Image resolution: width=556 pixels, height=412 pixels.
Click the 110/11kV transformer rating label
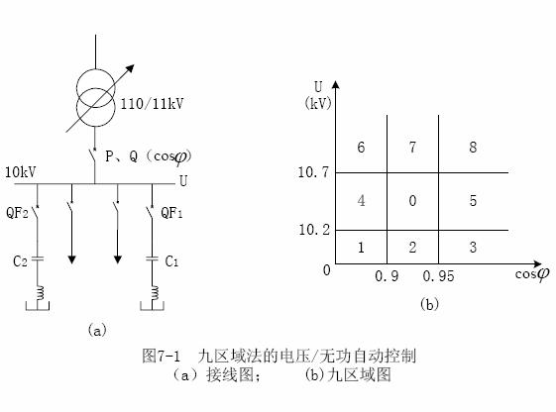click(152, 104)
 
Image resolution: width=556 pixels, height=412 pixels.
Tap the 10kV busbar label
click(20, 172)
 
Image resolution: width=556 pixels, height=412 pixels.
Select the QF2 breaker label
click(17, 213)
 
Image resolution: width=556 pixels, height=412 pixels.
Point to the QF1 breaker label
click(171, 213)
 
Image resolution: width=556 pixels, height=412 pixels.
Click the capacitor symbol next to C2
click(38, 258)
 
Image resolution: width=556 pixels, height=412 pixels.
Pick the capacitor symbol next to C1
click(152, 258)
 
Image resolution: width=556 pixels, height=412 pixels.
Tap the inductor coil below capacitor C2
click(40, 293)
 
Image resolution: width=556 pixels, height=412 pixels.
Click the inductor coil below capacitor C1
click(155, 293)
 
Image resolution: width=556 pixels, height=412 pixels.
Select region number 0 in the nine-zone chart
click(412, 201)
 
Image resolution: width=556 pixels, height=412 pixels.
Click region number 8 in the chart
click(473, 147)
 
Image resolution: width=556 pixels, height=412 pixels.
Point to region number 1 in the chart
click(361, 248)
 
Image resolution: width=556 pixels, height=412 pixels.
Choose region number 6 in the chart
click(361, 147)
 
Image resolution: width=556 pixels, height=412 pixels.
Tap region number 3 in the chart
click(473, 248)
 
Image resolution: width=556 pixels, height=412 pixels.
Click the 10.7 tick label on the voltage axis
click(313, 172)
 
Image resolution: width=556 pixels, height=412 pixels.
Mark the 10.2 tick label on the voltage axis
click(314, 230)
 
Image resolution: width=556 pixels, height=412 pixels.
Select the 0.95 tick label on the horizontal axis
click(438, 276)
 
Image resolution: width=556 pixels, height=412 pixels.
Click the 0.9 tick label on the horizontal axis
click(387, 276)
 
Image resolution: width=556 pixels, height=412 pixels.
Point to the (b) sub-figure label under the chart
click(429, 304)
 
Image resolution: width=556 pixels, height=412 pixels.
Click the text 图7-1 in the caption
click(162, 356)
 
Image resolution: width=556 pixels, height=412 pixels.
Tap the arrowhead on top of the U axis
click(335, 85)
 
